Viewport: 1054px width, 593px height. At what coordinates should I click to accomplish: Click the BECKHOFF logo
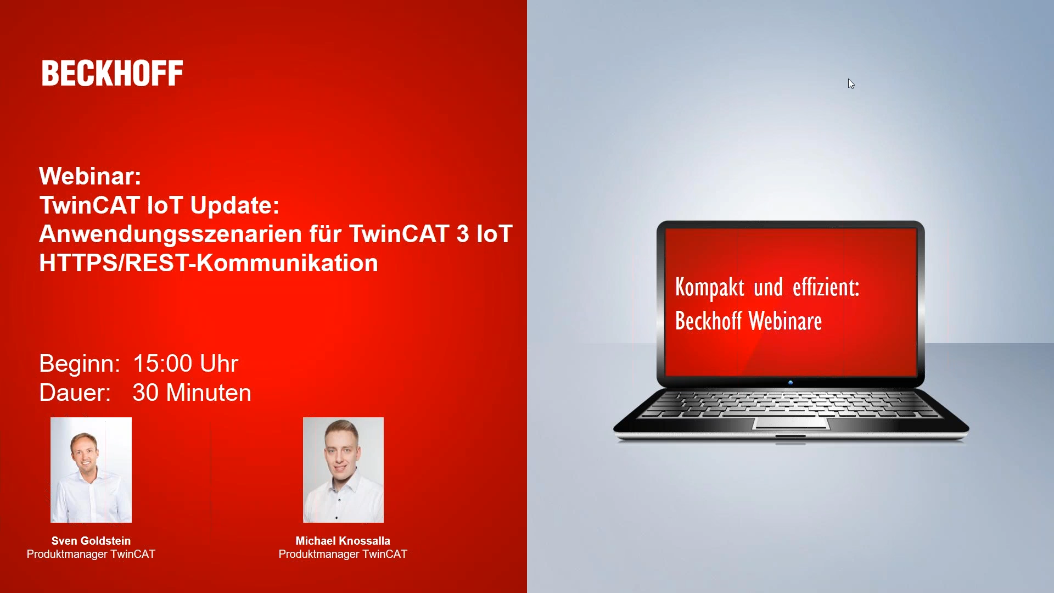[x=113, y=73]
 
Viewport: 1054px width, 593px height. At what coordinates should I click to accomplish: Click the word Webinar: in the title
[x=91, y=176]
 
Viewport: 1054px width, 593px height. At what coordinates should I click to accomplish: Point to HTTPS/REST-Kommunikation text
[x=209, y=263]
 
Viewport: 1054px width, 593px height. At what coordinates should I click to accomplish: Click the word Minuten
[x=209, y=393]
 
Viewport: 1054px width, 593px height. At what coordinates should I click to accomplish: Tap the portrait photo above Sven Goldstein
[x=91, y=470]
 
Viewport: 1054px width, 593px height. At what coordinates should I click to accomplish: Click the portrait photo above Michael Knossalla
[x=343, y=470]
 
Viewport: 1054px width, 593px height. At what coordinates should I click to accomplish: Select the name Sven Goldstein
[x=91, y=541]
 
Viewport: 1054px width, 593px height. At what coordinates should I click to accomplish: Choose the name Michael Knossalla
[x=343, y=541]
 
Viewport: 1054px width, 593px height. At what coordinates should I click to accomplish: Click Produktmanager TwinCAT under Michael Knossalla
[x=343, y=555]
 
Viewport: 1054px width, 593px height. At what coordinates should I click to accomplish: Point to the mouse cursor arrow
[x=851, y=83]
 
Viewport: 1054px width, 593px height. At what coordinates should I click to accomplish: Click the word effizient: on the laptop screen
[x=826, y=287]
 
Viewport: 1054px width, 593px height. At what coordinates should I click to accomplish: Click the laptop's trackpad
[x=790, y=423]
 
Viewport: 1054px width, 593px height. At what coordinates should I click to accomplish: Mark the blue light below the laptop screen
[x=790, y=382]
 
